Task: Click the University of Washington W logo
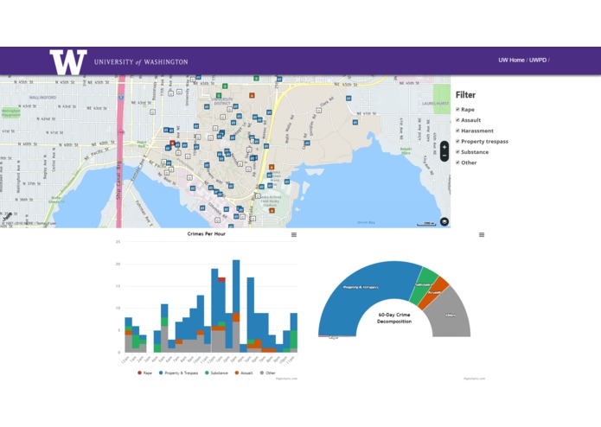[68, 61]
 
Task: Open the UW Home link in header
[511, 61]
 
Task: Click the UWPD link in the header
[538, 61]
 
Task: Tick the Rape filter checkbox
[458, 110]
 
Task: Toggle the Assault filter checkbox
[458, 120]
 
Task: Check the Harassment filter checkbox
[458, 131]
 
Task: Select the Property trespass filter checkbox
[458, 141]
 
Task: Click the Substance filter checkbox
[458, 152]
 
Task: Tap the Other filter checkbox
[458, 163]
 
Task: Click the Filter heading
[465, 95]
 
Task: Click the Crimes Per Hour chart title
[207, 234]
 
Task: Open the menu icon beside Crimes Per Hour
[294, 234]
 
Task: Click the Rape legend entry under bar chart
[144, 373]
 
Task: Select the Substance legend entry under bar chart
[219, 373]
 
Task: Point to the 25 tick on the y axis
[118, 242]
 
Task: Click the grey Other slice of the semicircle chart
[451, 315]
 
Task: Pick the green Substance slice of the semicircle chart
[424, 286]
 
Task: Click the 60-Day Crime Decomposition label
[394, 318]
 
